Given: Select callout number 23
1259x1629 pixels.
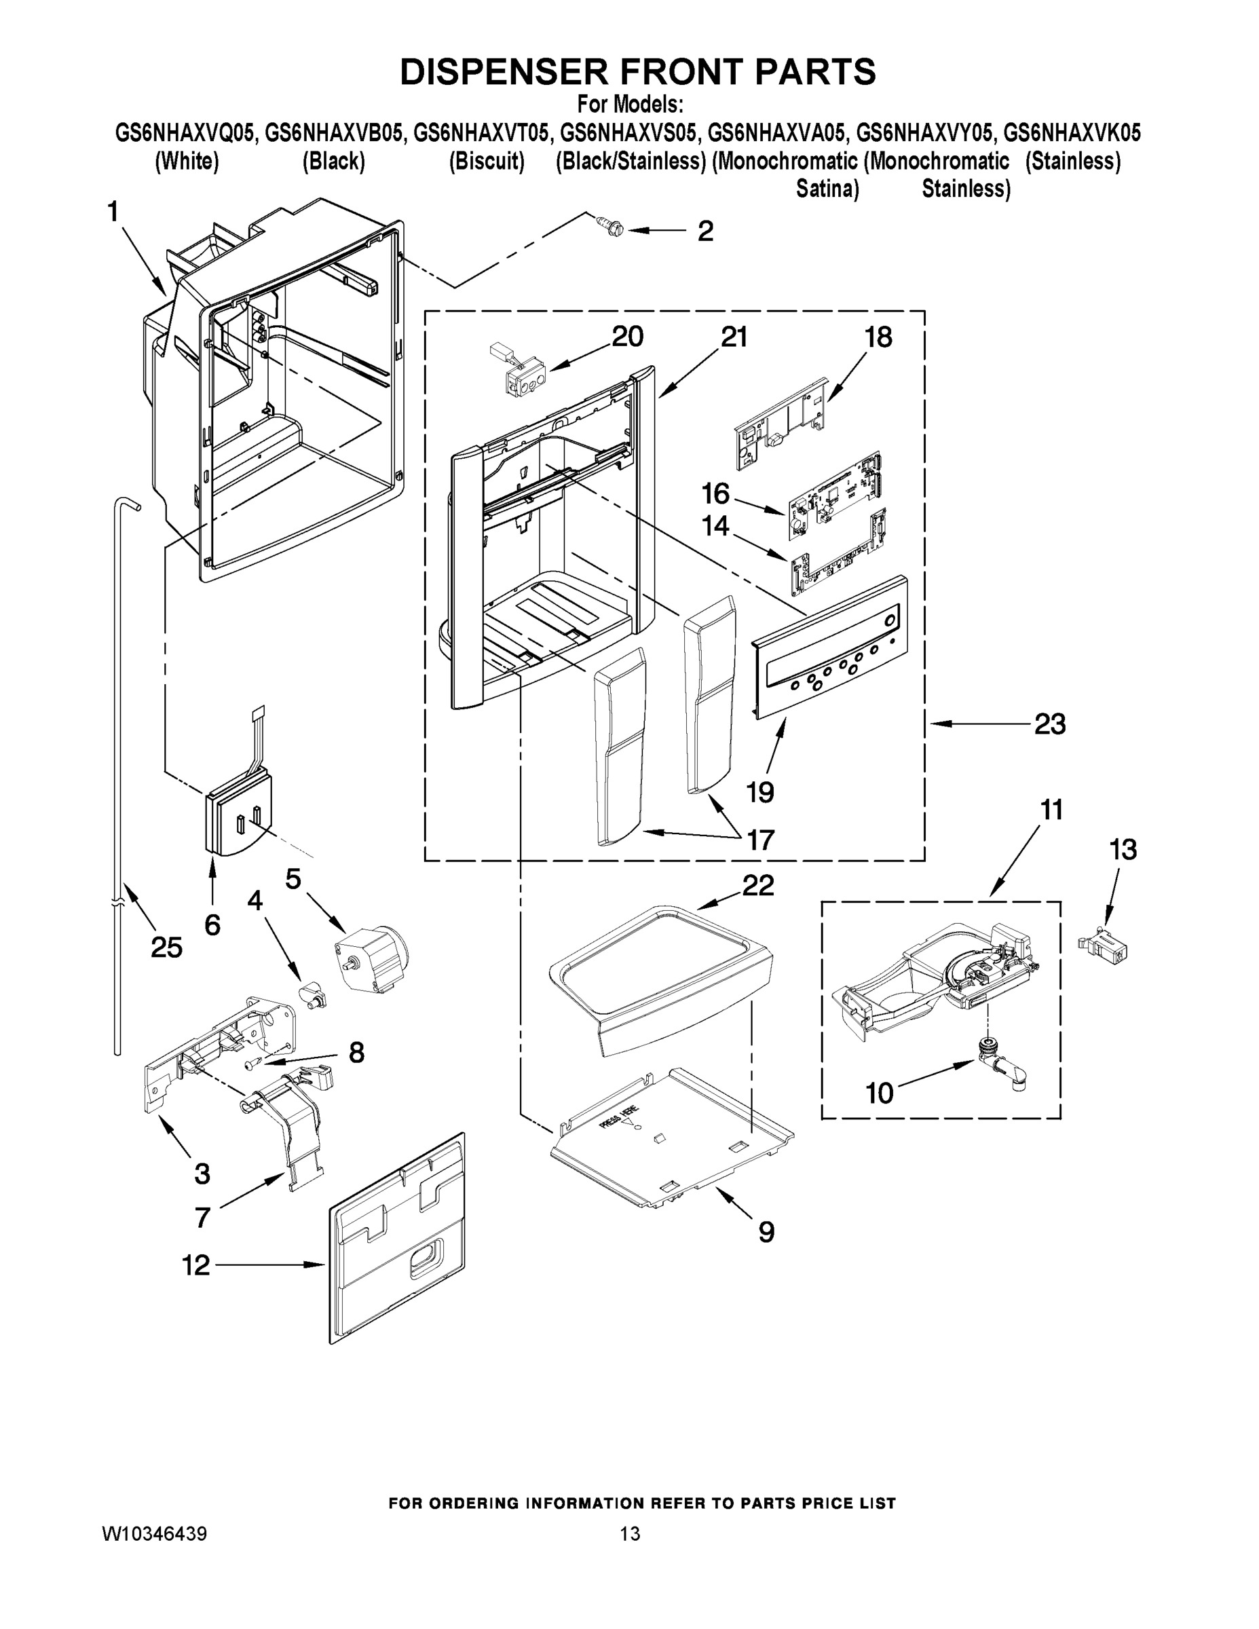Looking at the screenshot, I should coord(1049,724).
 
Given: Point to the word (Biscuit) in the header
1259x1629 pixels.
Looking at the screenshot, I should coord(487,161).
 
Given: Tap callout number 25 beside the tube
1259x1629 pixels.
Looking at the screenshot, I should coord(166,948).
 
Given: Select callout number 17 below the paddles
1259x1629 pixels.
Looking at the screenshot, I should coord(760,840).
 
